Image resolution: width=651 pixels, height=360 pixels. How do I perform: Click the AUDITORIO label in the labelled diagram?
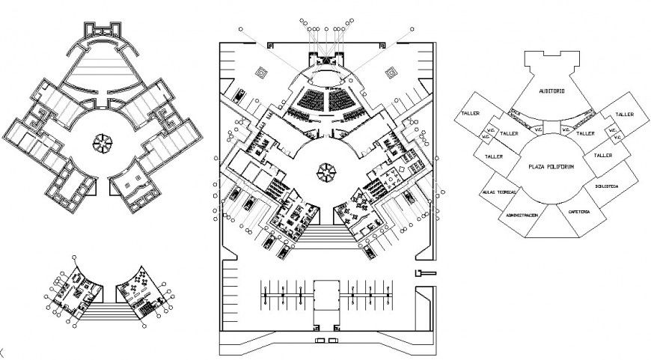[x=551, y=91]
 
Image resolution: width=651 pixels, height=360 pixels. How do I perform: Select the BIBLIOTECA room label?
[x=607, y=185]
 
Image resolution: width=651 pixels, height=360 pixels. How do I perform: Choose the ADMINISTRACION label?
[x=522, y=215]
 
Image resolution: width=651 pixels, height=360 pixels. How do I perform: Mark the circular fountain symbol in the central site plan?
[x=326, y=172]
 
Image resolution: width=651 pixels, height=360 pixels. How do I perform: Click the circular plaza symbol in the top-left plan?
[x=100, y=141]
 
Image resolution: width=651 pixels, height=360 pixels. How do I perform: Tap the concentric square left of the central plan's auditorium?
[x=260, y=73]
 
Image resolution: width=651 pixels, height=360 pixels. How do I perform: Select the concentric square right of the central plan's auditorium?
[x=391, y=73]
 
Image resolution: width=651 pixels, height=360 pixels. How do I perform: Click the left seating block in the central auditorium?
[x=311, y=99]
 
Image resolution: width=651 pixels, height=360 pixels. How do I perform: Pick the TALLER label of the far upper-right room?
[x=624, y=115]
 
